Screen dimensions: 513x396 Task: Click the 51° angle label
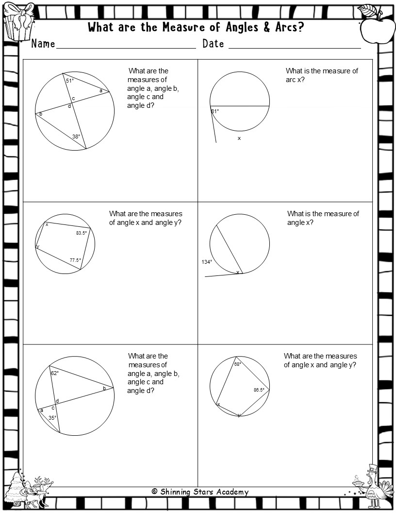point(70,81)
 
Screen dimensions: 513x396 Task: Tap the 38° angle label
point(76,137)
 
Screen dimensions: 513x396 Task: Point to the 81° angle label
point(215,111)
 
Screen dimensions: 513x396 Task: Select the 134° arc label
point(207,262)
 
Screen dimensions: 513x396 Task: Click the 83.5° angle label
point(82,233)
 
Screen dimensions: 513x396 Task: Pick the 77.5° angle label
point(75,260)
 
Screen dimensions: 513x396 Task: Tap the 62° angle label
point(55,373)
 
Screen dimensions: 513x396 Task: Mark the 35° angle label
point(52,417)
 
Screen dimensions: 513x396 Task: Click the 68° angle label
point(238,364)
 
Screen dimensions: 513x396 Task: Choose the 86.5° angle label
point(259,390)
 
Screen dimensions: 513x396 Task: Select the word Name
point(43,44)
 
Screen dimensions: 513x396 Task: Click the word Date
point(213,44)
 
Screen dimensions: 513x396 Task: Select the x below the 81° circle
point(239,138)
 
